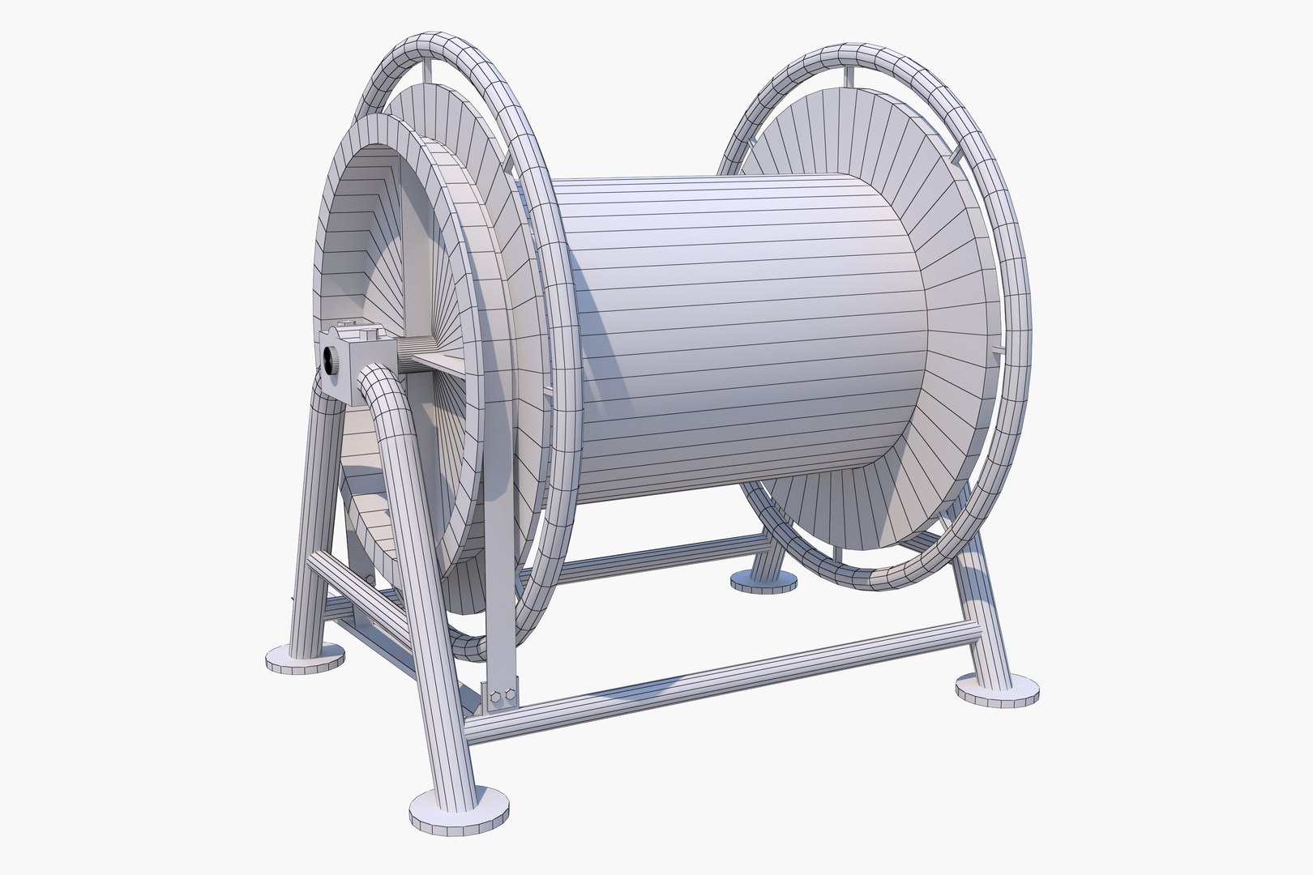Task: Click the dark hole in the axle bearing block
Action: coord(331,357)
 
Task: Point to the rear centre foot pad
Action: coord(763,579)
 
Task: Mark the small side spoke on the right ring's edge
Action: coord(995,349)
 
